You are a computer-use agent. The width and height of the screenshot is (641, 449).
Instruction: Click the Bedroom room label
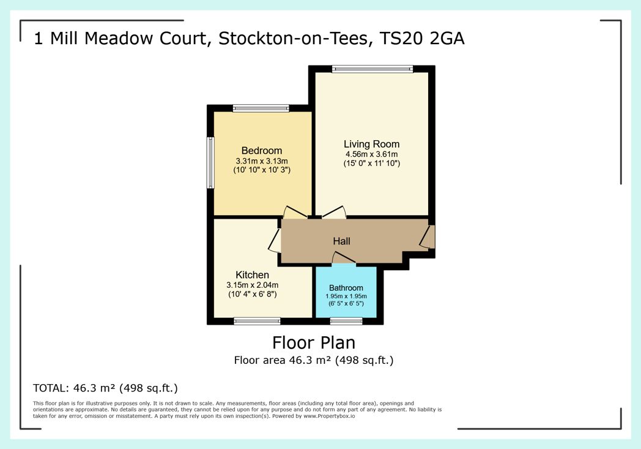[x=262, y=151]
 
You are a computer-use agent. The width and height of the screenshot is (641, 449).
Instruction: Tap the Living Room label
[x=372, y=144]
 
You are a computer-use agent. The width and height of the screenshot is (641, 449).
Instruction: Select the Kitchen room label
[x=252, y=274]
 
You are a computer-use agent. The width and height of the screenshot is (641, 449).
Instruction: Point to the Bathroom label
[x=346, y=288]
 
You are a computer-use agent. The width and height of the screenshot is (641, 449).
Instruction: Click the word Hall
[x=341, y=241]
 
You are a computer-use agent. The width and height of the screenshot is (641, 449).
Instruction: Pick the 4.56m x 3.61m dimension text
[x=372, y=154]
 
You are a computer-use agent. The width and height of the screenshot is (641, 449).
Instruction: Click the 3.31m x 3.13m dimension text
[x=262, y=161]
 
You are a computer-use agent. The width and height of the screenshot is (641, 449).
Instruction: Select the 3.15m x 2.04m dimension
[x=252, y=285]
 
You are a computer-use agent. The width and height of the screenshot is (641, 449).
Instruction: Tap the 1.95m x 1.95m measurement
[x=346, y=296]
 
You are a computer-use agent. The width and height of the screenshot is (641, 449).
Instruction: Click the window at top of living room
[x=372, y=69]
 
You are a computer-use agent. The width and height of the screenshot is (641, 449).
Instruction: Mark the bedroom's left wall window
[x=210, y=162]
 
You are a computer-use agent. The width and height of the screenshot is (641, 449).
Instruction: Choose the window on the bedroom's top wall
[x=261, y=108]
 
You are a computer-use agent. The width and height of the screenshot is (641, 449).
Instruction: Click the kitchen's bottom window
[x=257, y=321]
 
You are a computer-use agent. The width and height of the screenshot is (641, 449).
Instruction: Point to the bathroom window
[x=346, y=321]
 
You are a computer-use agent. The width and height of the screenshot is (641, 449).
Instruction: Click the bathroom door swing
[x=343, y=258]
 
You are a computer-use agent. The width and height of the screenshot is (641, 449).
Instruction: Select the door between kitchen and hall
[x=275, y=240]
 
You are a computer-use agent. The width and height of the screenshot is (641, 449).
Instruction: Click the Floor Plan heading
[x=314, y=342]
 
